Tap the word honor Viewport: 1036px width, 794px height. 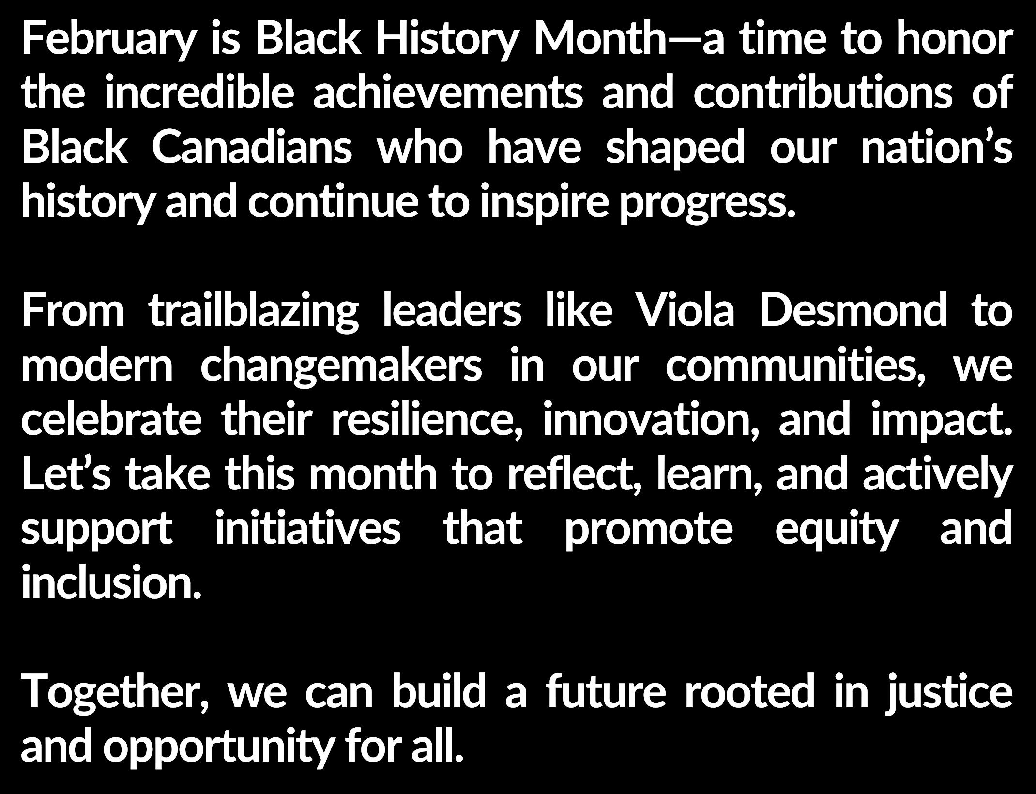pos(954,39)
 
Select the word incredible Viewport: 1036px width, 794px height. pos(199,93)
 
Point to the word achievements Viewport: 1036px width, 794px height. pos(448,93)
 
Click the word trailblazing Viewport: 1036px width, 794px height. pos(254,313)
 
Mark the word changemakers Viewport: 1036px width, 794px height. pos(341,367)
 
